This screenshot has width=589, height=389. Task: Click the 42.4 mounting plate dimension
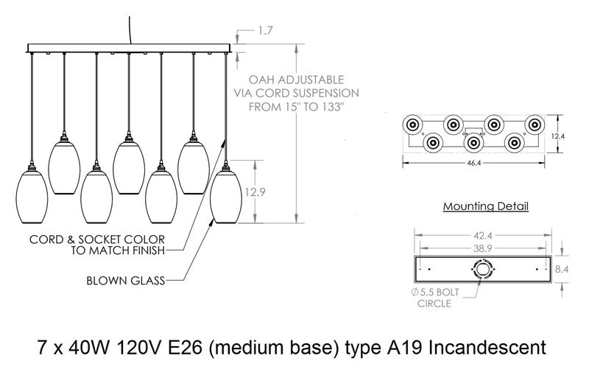click(x=484, y=236)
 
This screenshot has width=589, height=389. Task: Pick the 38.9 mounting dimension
click(x=484, y=250)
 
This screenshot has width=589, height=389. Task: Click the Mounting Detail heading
click(x=485, y=207)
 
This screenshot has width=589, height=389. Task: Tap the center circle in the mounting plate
click(x=484, y=270)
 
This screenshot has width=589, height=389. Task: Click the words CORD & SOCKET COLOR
click(x=96, y=240)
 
